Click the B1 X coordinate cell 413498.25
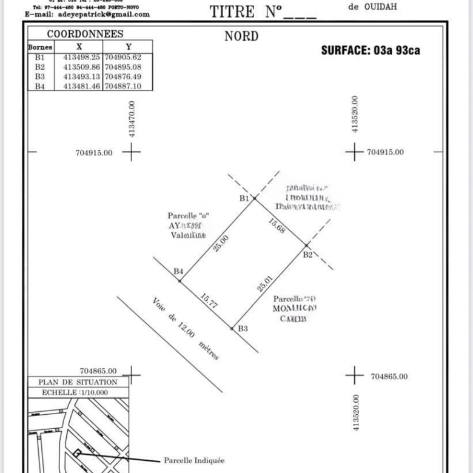click(84, 57)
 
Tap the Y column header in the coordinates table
click(128, 47)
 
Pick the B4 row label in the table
click(40, 87)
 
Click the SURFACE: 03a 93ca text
click(370, 50)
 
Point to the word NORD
click(241, 36)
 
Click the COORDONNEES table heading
click(85, 35)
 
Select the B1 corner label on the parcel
click(244, 198)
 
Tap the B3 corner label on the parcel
click(243, 328)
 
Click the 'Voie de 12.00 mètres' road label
click(185, 329)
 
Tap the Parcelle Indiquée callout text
click(194, 460)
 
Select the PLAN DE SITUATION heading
click(78, 382)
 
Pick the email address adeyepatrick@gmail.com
click(87, 14)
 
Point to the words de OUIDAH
click(373, 7)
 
